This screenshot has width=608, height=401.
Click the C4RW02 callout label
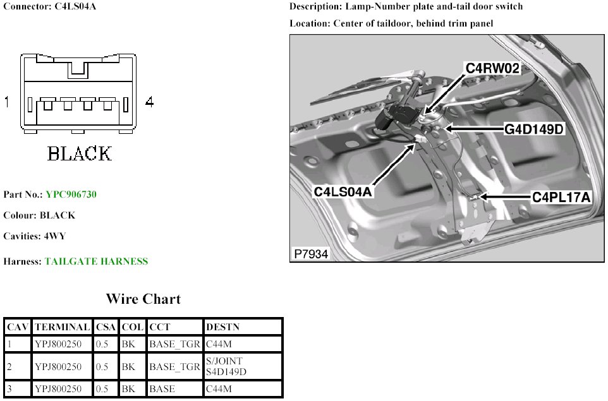click(493, 68)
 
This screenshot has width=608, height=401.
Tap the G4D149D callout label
click(533, 129)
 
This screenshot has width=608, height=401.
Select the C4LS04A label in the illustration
click(343, 191)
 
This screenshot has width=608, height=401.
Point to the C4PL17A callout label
click(561, 198)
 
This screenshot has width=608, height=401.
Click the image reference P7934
click(311, 254)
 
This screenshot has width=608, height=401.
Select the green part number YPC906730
click(71, 195)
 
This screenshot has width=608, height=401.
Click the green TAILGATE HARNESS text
click(96, 261)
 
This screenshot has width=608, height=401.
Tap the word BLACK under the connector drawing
click(80, 153)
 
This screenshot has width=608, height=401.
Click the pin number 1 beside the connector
click(7, 102)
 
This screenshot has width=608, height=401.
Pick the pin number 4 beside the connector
click(149, 102)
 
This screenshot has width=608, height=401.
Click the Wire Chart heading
click(143, 299)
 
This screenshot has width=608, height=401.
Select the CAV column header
click(16, 327)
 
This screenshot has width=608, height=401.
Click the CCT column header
click(158, 327)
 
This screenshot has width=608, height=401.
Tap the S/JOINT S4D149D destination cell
click(226, 366)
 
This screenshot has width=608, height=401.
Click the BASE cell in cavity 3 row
click(162, 389)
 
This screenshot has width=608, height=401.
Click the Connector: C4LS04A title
click(50, 6)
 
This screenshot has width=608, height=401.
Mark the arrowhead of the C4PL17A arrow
click(479, 198)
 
